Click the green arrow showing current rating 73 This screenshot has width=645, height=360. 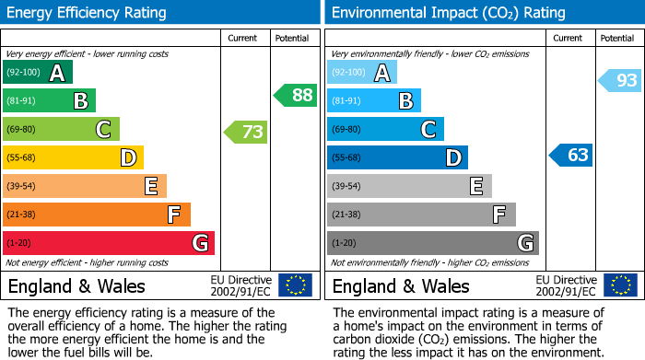246,132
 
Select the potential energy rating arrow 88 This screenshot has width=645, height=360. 295,95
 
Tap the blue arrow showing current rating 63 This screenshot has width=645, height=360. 571,155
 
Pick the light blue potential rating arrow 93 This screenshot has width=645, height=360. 620,81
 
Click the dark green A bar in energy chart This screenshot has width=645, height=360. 38,73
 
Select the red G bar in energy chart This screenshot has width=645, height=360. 109,243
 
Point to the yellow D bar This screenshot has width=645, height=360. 74,157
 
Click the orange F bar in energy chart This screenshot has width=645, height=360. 97,215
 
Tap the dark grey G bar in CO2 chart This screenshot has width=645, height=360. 432,243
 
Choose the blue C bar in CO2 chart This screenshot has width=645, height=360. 385,129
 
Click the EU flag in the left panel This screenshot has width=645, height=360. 295,285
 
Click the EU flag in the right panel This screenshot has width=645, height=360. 620,285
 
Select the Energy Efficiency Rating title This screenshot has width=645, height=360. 88,13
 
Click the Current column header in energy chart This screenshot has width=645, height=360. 243,38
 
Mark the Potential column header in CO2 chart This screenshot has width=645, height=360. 616,38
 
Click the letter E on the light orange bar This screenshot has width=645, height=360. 150,186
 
